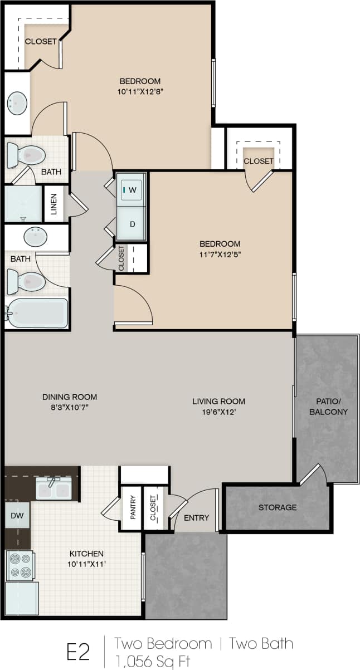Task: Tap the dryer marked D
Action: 132,224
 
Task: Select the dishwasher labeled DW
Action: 17,516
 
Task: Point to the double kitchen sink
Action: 53,488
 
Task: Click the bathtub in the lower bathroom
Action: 37,313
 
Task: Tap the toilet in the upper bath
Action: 26,155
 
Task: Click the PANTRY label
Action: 133,507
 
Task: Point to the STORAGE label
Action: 278,507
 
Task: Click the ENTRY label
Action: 197,518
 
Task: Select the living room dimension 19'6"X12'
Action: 218,412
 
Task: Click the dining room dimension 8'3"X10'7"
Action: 70,407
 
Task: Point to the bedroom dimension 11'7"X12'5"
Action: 220,254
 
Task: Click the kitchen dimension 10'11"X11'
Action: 86,564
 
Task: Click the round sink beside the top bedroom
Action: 17,102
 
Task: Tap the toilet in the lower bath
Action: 26,281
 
